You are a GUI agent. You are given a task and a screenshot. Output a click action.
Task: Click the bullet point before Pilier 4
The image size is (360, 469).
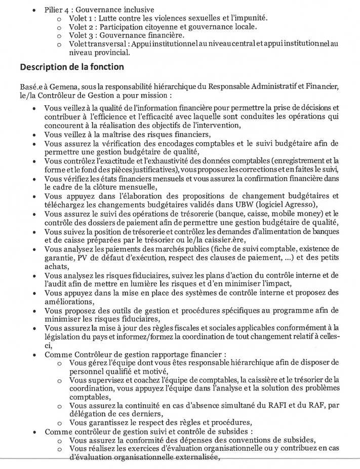click(x=33, y=10)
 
